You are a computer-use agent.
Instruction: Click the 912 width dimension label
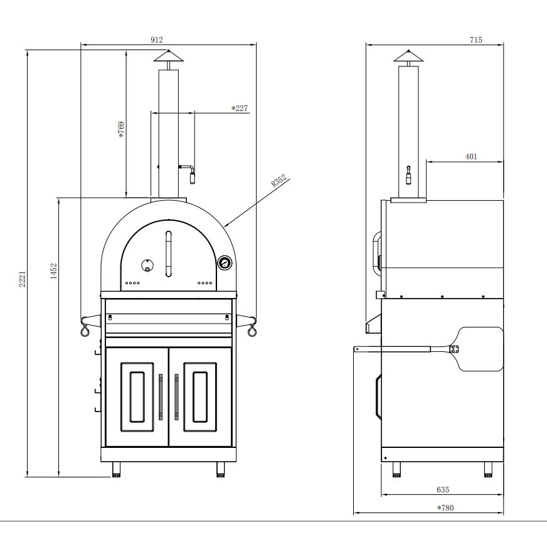[157, 40]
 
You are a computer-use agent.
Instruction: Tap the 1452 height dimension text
[54, 273]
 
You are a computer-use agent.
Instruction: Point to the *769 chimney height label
[121, 130]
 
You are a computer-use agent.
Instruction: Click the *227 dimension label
[240, 109]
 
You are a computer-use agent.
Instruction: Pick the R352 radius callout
[279, 181]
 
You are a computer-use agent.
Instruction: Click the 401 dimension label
[471, 156]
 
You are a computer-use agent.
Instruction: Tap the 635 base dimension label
[442, 489]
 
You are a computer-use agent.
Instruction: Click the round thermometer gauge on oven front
[224, 263]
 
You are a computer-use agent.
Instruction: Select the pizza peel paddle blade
[481, 348]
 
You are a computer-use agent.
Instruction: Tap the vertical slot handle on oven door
[168, 254]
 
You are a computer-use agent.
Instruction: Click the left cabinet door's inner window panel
[137, 396]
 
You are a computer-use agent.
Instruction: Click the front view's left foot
[117, 469]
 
